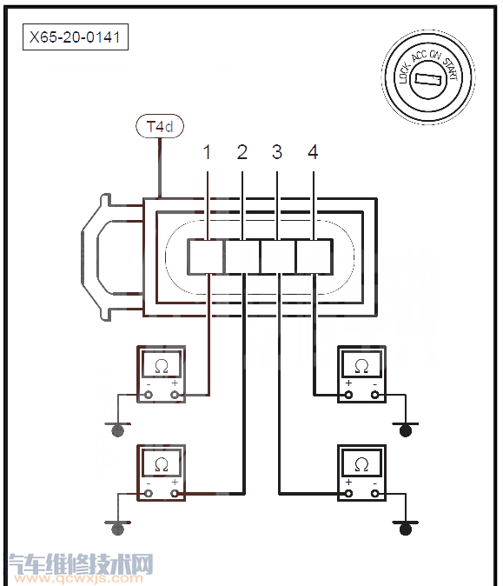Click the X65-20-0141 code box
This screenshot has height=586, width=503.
click(x=76, y=37)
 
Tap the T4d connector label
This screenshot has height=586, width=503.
click(x=160, y=126)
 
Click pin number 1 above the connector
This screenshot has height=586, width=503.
click(x=208, y=152)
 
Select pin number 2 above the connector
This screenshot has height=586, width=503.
click(x=242, y=152)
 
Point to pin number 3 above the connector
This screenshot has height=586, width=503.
click(x=277, y=152)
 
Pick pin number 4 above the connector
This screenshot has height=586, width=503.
click(x=313, y=152)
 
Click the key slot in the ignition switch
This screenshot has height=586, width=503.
click(x=428, y=79)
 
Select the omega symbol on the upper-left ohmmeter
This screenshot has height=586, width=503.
click(x=162, y=366)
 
